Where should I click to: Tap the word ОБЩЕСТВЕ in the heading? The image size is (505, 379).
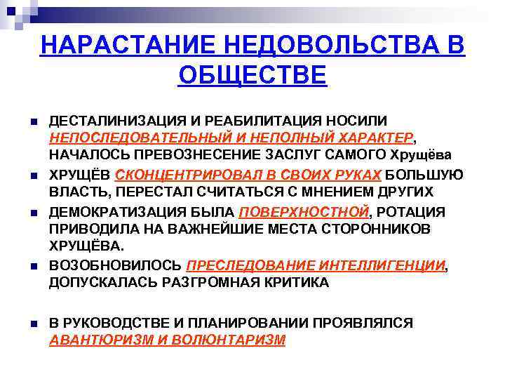[x=252, y=74]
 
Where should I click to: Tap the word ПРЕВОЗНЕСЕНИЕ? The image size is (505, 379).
[x=197, y=154]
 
